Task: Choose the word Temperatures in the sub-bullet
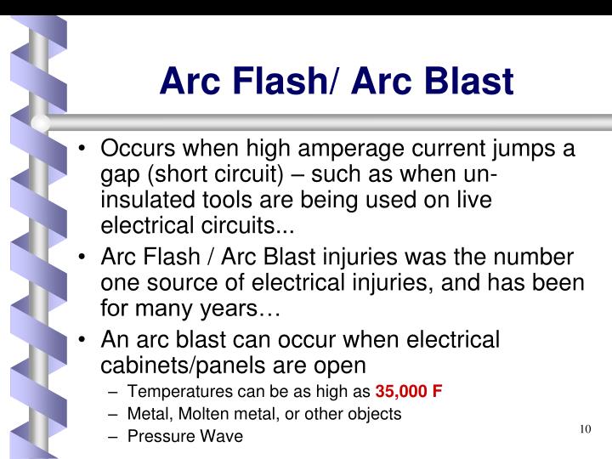tap(179, 392)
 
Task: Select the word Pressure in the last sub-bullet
tap(157, 436)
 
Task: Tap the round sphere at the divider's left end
tap(41, 122)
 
